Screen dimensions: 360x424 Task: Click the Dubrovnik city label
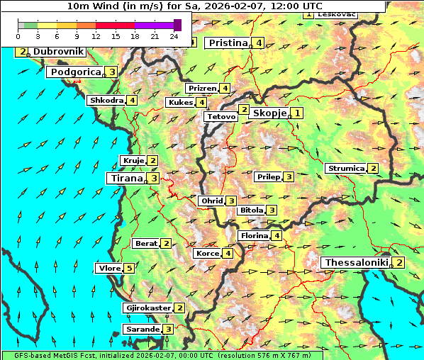click(58, 52)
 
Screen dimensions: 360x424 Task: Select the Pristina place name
click(229, 43)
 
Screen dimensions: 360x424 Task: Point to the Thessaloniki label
click(357, 262)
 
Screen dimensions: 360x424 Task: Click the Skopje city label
click(269, 113)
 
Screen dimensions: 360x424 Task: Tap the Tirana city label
click(125, 178)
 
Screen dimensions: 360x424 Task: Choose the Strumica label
click(345, 169)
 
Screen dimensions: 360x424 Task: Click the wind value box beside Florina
click(277, 235)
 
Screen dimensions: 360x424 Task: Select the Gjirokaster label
click(147, 308)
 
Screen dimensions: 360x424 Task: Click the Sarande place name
click(142, 329)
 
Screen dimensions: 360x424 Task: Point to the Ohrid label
click(212, 201)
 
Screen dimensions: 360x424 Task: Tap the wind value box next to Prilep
click(289, 176)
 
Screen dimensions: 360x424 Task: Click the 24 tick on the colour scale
click(174, 35)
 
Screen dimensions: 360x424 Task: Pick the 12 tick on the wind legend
click(96, 35)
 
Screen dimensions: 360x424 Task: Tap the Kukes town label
click(181, 102)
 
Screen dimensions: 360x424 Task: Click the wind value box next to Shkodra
click(132, 100)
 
